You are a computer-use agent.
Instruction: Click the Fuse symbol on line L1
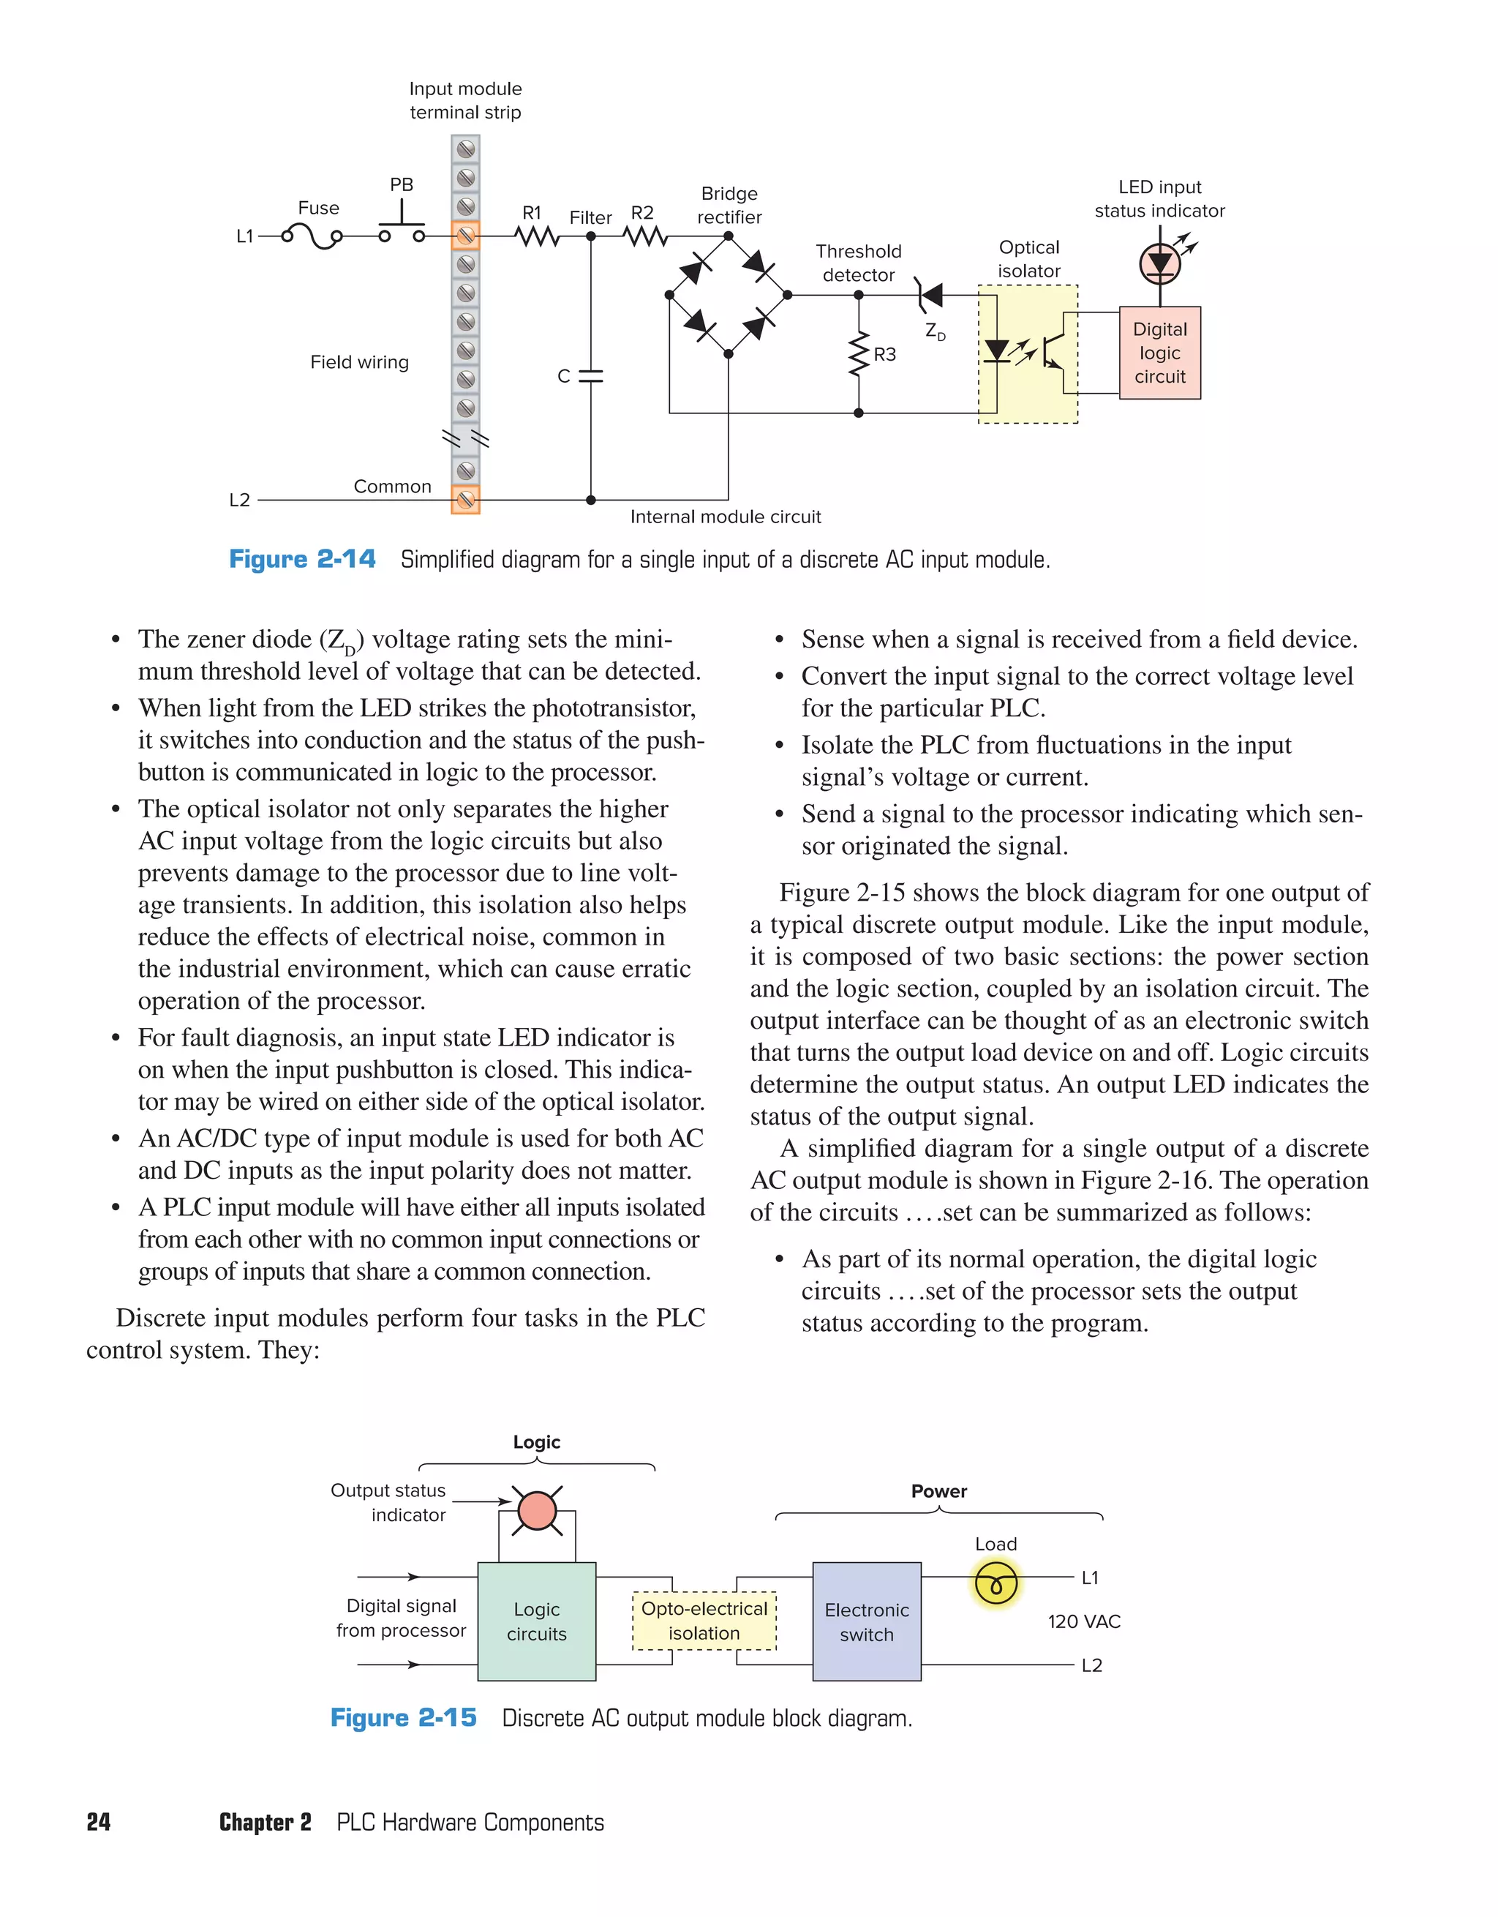(x=312, y=236)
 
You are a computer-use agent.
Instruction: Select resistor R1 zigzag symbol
(x=537, y=236)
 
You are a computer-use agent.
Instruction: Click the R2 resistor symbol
(x=646, y=236)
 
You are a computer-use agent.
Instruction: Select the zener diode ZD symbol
(x=928, y=296)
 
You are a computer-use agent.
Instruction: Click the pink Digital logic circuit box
(x=1159, y=353)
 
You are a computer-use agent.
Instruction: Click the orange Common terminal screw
(x=465, y=500)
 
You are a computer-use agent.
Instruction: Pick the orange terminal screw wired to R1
(x=465, y=236)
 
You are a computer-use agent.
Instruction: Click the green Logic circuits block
(x=536, y=1621)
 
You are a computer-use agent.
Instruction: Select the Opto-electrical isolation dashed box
(x=704, y=1621)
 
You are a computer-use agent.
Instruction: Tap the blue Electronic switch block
(x=866, y=1621)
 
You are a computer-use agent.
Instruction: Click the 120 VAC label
(x=1084, y=1621)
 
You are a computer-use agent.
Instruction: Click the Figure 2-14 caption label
(x=302, y=559)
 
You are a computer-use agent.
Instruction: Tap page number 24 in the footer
(x=98, y=1822)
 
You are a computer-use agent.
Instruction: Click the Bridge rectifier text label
(x=729, y=206)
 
